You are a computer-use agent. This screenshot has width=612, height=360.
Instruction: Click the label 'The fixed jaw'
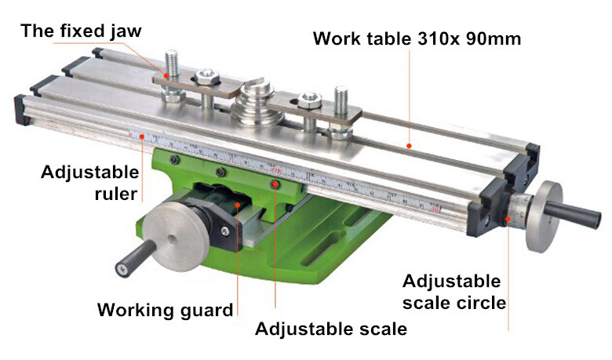(81, 31)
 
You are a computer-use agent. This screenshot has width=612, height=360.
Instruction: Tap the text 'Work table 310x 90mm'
(417, 38)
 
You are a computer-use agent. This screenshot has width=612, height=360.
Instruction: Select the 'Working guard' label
(165, 310)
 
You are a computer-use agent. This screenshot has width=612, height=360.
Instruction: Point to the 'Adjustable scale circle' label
(454, 292)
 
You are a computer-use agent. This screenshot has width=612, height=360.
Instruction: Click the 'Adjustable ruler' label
(90, 183)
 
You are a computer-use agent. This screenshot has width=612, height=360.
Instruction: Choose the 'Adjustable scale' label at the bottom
(331, 329)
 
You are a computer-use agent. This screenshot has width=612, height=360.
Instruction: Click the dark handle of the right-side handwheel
(573, 214)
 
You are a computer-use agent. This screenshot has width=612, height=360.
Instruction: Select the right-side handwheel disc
(544, 216)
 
